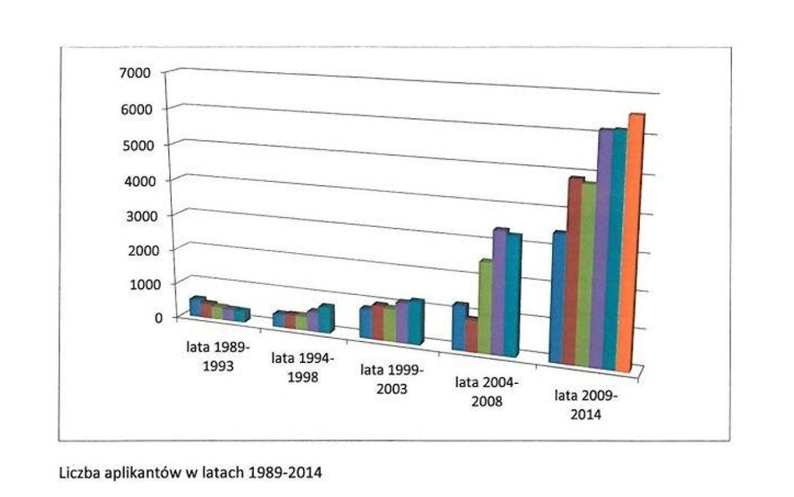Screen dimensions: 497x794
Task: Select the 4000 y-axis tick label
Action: (135, 180)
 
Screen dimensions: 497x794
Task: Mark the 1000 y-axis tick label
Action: (135, 284)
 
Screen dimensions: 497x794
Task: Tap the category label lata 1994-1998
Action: (302, 367)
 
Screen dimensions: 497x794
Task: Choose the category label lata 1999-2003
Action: (392, 379)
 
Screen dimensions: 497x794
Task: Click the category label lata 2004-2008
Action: (487, 391)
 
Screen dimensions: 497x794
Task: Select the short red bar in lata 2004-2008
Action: (471, 335)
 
